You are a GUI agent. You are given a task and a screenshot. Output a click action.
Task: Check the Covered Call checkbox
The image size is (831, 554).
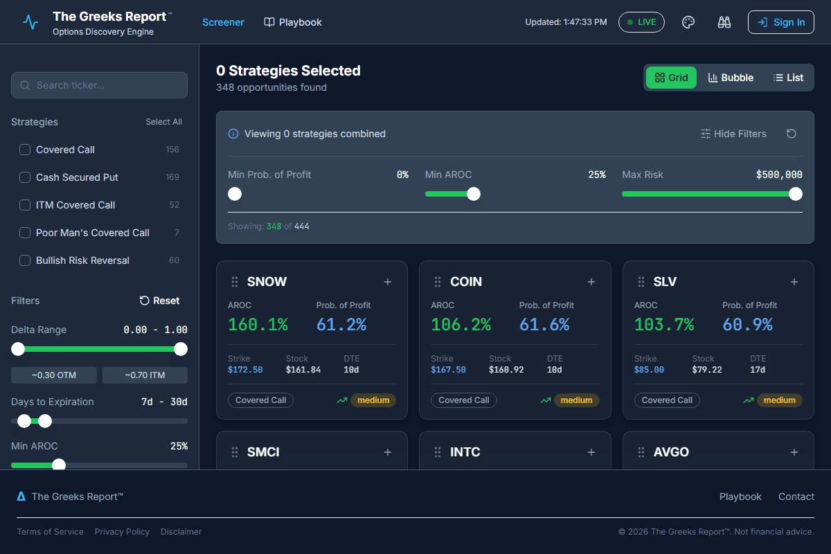pos(25,150)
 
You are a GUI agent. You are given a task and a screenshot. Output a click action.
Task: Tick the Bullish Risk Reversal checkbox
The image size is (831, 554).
pos(25,260)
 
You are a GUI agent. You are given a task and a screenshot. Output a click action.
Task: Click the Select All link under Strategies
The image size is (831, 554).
pos(163,122)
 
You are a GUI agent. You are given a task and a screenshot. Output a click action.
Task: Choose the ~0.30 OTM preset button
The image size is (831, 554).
pos(54,375)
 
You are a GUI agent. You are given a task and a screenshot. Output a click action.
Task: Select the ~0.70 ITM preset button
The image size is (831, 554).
pos(145,375)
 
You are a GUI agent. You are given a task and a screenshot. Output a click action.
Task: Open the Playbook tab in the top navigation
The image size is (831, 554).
pos(293,22)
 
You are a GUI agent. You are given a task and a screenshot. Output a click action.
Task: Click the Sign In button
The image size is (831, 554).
pos(780,22)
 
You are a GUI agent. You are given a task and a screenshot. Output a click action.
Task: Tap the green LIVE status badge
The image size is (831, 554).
pos(641,22)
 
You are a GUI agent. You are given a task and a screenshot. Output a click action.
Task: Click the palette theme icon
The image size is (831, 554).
pos(688,22)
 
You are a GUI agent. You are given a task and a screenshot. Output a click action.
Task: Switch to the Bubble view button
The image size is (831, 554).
pos(731,78)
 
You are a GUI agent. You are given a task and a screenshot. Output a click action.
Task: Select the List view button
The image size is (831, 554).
pos(788,78)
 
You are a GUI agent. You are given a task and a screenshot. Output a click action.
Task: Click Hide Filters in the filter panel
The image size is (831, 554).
pos(733,134)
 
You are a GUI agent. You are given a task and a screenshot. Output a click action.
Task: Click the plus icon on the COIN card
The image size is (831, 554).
pos(591,282)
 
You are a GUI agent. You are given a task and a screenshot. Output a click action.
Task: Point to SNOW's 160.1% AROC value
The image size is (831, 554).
pos(258,324)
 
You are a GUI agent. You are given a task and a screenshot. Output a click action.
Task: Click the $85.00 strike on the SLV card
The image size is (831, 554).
pos(649,370)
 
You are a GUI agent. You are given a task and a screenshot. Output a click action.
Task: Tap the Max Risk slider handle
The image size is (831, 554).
pos(796,194)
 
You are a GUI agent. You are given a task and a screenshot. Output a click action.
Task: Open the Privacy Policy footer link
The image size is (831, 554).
pos(122,532)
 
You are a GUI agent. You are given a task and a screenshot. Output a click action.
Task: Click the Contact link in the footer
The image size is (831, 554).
pos(796,497)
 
